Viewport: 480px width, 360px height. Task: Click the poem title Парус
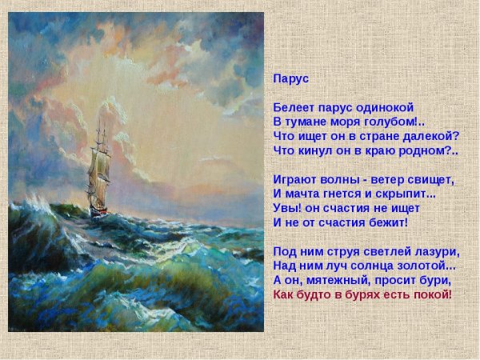pyautogui.click(x=291, y=79)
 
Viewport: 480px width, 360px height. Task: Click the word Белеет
pyautogui.click(x=294, y=107)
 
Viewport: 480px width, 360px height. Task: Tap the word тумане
pyautogui.click(x=306, y=122)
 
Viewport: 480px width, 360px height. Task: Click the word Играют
pyautogui.click(x=294, y=180)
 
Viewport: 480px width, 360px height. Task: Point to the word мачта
pyautogui.click(x=302, y=194)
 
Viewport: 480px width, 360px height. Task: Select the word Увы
pyautogui.click(x=286, y=208)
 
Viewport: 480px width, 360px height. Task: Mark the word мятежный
pyautogui.click(x=338, y=281)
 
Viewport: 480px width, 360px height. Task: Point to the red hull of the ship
pyautogui.click(x=98, y=211)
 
